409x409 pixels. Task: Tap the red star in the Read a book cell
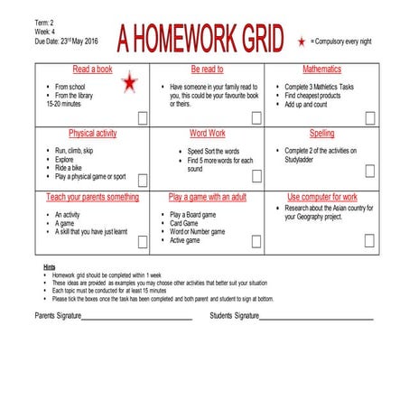point(130,83)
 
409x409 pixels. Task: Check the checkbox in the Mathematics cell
point(369,117)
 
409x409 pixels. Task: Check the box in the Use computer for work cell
point(369,239)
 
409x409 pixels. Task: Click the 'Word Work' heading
point(207,133)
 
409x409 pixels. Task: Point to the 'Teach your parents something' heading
point(93,196)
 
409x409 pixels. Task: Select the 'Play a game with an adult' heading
point(207,196)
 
